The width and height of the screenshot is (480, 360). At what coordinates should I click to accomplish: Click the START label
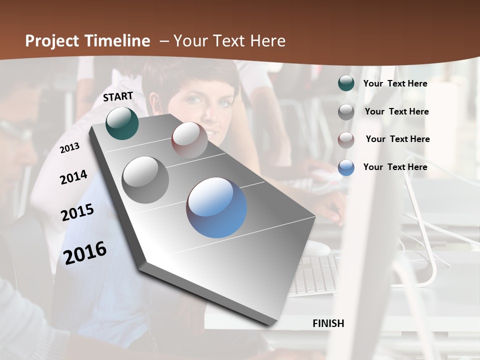118,96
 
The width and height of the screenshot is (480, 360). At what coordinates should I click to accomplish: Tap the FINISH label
328,323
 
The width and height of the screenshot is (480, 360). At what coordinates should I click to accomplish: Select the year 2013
70,148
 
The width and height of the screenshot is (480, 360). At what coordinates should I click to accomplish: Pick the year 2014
74,177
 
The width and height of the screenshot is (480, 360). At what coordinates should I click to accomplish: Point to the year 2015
77,212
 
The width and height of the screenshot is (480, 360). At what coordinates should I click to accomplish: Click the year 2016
85,252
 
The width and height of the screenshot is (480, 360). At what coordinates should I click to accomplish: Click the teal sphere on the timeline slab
122,123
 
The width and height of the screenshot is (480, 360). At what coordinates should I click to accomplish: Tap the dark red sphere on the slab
189,140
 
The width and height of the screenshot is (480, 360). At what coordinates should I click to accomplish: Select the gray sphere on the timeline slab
145,179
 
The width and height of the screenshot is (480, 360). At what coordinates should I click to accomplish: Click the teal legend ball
346,83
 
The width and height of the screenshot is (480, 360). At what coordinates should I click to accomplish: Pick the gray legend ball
346,112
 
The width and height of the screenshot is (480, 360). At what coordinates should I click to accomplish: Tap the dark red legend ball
346,139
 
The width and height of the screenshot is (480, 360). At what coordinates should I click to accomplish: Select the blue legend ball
346,167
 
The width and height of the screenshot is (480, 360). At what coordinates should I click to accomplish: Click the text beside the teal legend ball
395,84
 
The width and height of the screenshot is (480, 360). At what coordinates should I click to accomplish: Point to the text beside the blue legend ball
395,167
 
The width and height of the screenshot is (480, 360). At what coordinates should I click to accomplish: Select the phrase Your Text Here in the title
229,41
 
